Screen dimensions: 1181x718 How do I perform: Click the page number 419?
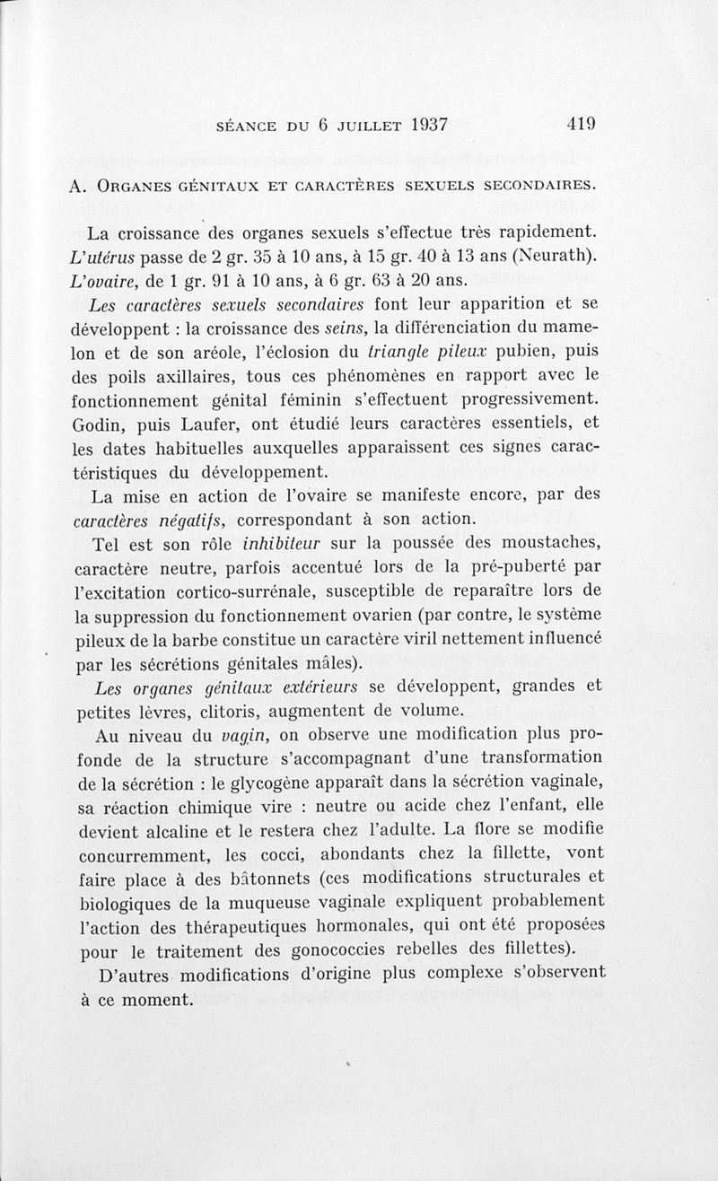[582, 125]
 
